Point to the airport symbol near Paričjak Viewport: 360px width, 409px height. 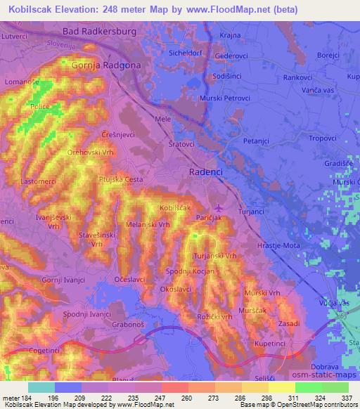click(218, 207)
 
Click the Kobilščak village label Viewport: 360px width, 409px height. click(176, 209)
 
